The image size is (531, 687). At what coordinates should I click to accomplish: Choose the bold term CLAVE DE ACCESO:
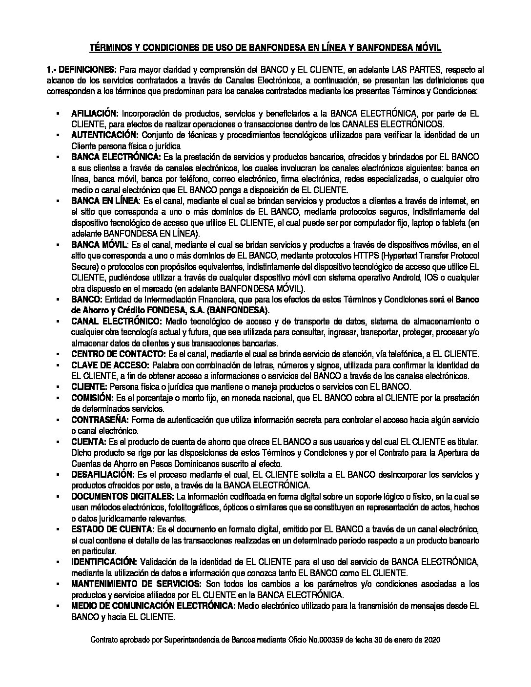pyautogui.click(x=111, y=365)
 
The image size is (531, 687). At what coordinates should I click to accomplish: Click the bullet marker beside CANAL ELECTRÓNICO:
pyautogui.click(x=58, y=321)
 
